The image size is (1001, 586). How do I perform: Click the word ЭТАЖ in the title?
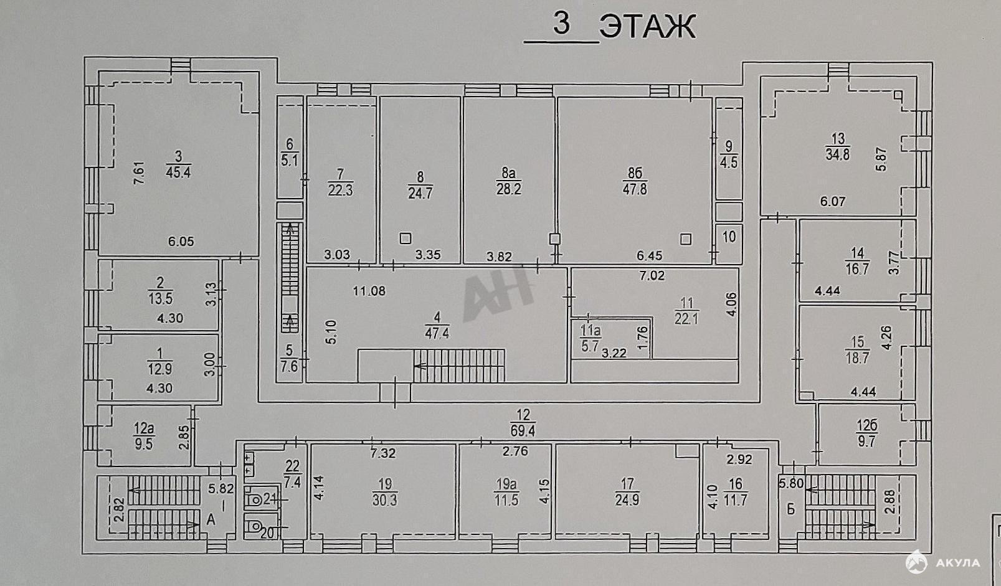pos(647,28)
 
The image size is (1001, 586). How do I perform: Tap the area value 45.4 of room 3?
pos(178,172)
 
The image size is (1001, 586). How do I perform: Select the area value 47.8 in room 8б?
pos(635,189)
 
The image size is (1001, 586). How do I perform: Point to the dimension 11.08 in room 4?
pos(369,291)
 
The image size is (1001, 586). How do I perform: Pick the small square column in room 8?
pos(406,238)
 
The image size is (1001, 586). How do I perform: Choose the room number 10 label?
pos(729,237)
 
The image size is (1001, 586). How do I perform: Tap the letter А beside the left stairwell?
pos(211,519)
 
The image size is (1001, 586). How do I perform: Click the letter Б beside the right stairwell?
pos(791,509)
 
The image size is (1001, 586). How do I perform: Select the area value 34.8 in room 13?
pos(838,155)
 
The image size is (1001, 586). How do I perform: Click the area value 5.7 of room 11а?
pos(590,346)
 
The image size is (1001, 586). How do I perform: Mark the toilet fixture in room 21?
pos(255,499)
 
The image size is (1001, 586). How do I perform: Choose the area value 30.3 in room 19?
pos(384,500)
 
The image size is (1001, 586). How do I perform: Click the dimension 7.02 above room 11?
pos(652,275)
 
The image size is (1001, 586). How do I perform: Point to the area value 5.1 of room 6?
pos(290,160)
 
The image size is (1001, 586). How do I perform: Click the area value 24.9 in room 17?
pos(627,499)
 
